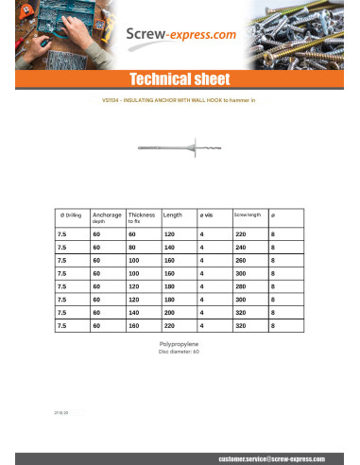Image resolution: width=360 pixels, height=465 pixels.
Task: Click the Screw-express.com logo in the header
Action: click(x=180, y=37)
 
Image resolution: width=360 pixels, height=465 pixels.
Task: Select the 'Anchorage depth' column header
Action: click(x=107, y=217)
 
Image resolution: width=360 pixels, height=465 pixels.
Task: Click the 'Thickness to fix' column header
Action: click(x=141, y=217)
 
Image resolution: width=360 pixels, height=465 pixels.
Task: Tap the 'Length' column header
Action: click(x=172, y=215)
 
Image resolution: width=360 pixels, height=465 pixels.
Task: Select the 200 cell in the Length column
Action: click(x=169, y=311)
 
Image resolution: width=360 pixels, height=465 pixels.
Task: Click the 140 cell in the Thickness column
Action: click(x=133, y=311)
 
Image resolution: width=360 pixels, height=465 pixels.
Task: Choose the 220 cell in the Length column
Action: click(x=169, y=324)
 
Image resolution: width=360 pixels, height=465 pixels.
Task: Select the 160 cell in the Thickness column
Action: click(x=133, y=324)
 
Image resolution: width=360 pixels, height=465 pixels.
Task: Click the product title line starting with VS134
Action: click(x=179, y=99)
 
